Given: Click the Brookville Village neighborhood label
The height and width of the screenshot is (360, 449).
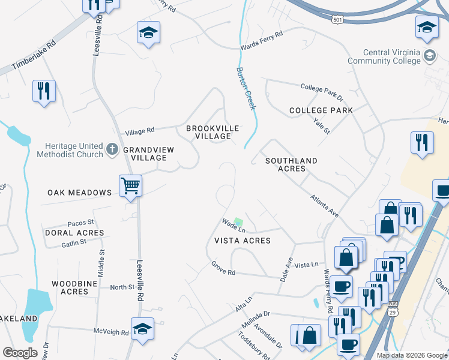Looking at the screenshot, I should coord(212,132).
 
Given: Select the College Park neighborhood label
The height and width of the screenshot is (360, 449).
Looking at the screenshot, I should coord(321,110).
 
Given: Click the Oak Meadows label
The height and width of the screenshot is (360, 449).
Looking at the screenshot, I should coord(80,193).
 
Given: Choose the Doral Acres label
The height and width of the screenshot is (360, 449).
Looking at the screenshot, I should coord(74,233).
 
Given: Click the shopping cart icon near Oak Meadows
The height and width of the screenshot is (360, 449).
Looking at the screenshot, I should coord(130,185).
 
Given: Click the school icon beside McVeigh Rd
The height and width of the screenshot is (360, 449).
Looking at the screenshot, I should coord(142,329).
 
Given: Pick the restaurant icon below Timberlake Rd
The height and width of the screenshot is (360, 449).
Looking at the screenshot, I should coord(44,91).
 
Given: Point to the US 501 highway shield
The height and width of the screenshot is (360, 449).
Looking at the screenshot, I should coord(338,20).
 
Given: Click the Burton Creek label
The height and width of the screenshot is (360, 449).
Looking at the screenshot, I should coord(246,88).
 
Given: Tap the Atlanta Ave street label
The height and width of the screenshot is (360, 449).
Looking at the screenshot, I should coord(325,206).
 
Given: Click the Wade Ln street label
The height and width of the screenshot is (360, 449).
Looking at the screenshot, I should coord(234,225).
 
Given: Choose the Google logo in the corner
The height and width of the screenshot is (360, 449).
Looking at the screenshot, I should coord(20,353).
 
